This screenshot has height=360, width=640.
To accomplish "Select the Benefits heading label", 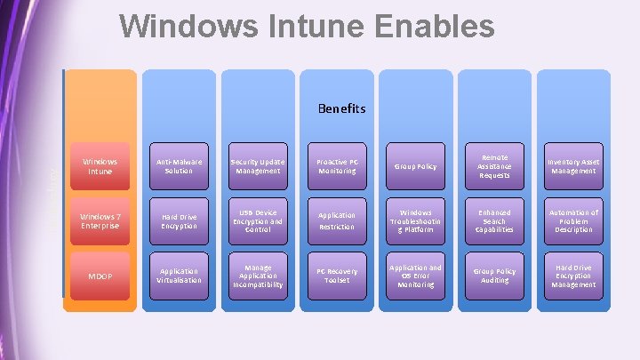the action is (x=341, y=108).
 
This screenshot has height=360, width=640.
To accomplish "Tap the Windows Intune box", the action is (x=100, y=166).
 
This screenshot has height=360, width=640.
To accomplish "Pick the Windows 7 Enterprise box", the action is (x=100, y=220).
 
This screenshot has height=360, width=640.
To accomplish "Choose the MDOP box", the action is (x=100, y=276).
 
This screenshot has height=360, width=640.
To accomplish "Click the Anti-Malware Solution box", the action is (x=179, y=166).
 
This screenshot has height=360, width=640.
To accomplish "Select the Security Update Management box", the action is (x=258, y=166).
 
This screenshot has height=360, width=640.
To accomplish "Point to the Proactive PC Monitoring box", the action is (x=337, y=166).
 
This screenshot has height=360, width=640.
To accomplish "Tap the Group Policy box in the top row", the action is (x=416, y=166).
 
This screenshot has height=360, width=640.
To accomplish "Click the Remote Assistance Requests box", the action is (x=494, y=166).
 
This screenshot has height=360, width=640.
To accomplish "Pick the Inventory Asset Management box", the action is (x=573, y=166).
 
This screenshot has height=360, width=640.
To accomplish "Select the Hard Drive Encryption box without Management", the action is (x=179, y=221).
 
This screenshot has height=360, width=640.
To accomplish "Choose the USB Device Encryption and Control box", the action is (x=258, y=221).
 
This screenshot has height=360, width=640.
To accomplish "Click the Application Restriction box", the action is (x=337, y=221).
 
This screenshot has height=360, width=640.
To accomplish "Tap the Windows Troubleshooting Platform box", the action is (x=416, y=221).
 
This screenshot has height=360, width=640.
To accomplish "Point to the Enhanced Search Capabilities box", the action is (x=494, y=221).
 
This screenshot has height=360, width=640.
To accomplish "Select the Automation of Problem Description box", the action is (x=573, y=221).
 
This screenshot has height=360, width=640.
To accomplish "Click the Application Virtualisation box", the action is (x=179, y=276).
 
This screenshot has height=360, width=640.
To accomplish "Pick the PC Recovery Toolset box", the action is (x=337, y=276).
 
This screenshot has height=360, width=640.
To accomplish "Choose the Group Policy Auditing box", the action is (x=494, y=276).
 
